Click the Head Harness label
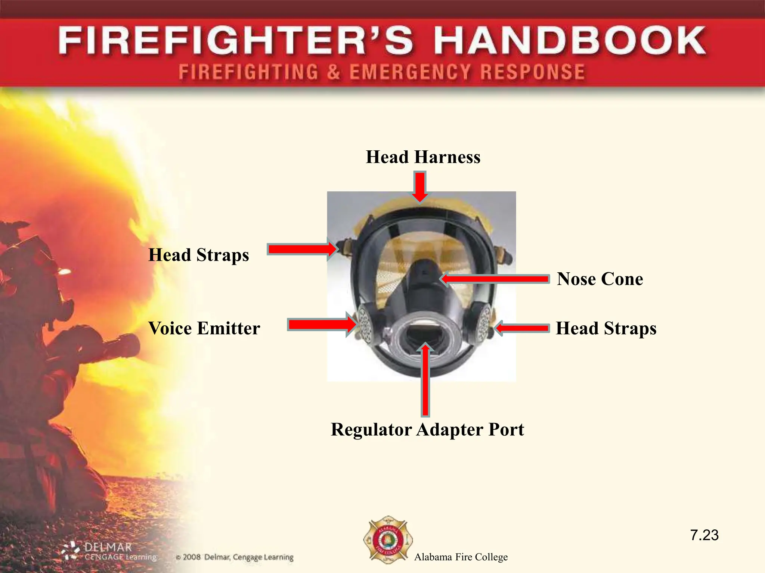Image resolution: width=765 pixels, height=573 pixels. [423, 157]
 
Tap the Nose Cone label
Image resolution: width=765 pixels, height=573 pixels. [600, 279]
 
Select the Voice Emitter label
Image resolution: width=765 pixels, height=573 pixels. [204, 329]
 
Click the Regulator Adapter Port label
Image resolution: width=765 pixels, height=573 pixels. [427, 429]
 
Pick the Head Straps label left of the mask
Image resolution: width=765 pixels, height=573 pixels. [198, 255]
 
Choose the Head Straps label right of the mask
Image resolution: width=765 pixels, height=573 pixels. [606, 329]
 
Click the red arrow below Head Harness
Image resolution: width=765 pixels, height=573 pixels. [420, 187]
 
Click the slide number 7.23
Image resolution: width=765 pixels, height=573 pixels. [704, 535]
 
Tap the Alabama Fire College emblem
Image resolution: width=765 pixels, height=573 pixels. [388, 539]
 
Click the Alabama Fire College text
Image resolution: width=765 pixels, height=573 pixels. [461, 557]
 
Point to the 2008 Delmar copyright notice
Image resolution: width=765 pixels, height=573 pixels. [235, 557]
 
